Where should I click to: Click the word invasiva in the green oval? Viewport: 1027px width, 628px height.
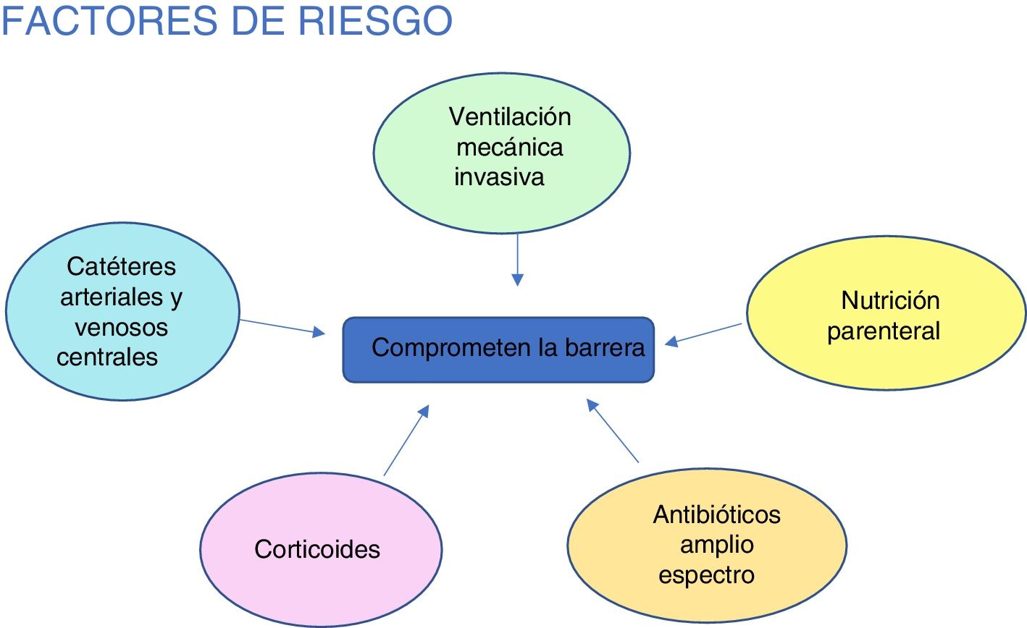pyautogui.click(x=499, y=177)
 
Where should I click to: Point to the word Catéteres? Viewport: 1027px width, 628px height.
pyautogui.click(x=121, y=266)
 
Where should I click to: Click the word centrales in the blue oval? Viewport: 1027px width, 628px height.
pyautogui.click(x=107, y=357)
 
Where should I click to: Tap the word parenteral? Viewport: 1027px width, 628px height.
pyautogui.click(x=884, y=331)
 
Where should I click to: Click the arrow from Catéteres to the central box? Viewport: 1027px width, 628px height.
pyautogui.click(x=282, y=327)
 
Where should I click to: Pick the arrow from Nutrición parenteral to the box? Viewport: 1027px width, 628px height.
pyautogui.click(x=704, y=334)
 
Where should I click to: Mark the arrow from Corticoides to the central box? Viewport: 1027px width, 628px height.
pyautogui.click(x=406, y=441)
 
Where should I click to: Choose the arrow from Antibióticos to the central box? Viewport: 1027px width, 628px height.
pyautogui.click(x=613, y=431)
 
